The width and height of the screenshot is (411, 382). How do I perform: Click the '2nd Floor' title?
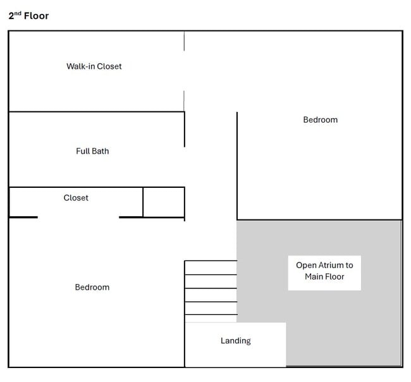pos(28,16)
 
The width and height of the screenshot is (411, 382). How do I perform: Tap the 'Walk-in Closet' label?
pos(94,66)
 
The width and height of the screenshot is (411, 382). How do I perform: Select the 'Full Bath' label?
pos(92,151)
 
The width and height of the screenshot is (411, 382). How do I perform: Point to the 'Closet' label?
pos(76,198)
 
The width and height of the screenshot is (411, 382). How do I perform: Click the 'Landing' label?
pos(236,341)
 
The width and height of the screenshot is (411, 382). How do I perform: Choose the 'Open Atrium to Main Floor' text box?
pos(324,273)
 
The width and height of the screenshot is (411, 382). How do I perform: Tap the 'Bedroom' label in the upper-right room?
pos(321,120)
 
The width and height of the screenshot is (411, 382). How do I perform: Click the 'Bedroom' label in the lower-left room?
pos(92,287)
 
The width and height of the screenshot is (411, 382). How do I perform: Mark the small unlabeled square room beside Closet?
pos(164,202)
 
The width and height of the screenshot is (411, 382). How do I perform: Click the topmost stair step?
pos(211,268)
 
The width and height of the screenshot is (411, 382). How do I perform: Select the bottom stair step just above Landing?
pos(211,319)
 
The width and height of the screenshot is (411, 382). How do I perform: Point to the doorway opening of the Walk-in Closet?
pos(184,71)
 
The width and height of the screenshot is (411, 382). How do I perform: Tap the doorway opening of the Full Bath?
pos(185,167)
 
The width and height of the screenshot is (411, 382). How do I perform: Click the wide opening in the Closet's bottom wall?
pos(78,217)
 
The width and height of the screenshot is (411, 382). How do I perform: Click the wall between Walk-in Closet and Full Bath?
pos(97,112)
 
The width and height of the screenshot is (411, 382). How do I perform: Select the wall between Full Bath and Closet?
pos(97,187)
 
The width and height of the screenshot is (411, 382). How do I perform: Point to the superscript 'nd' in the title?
pos(18,13)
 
